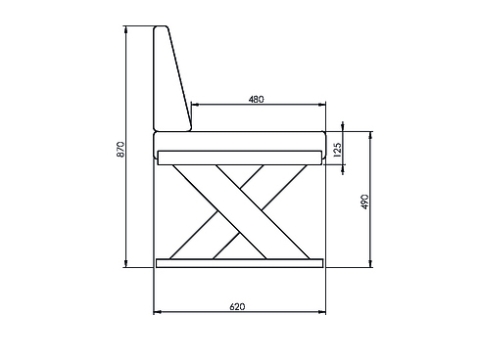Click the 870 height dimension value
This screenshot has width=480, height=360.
(x=120, y=149)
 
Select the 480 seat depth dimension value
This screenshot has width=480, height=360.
(x=256, y=98)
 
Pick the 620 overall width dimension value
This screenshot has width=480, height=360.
(x=237, y=306)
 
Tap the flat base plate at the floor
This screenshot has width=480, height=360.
(x=240, y=264)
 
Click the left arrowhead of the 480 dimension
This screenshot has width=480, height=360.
(x=193, y=104)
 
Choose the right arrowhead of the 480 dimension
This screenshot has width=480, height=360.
(x=324, y=104)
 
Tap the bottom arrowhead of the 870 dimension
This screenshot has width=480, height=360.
(x=126, y=266)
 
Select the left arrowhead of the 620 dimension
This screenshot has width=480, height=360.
(x=156, y=313)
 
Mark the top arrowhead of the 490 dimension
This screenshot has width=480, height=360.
(x=371, y=134)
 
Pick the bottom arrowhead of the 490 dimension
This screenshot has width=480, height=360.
(x=371, y=266)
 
